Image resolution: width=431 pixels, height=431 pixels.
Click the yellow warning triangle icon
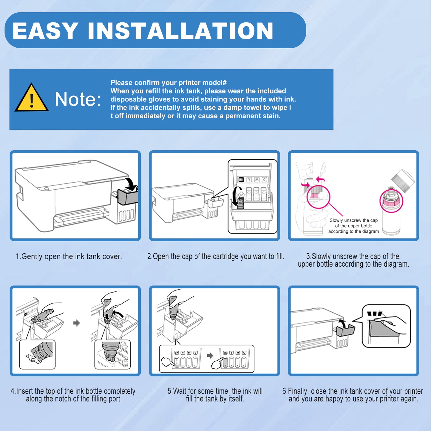coord(32,98)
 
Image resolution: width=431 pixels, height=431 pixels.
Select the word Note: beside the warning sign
coord(78,99)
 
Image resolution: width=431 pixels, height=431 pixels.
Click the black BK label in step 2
coord(241,179)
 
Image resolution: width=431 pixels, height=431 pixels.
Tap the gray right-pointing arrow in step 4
coord(76,323)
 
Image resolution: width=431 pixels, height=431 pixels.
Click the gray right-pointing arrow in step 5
coord(210,356)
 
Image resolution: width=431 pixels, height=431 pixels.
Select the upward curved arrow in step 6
coord(341,323)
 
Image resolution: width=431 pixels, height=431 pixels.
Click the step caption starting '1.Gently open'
coord(69,256)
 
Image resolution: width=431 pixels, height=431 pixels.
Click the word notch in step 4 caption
coord(70,398)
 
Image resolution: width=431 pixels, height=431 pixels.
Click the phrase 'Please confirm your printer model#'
coord(169,83)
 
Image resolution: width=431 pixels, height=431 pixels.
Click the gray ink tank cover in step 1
coord(128,197)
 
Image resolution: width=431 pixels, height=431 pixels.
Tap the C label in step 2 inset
coord(264,179)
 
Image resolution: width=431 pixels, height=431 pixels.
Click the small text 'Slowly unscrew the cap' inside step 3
coord(353,220)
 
